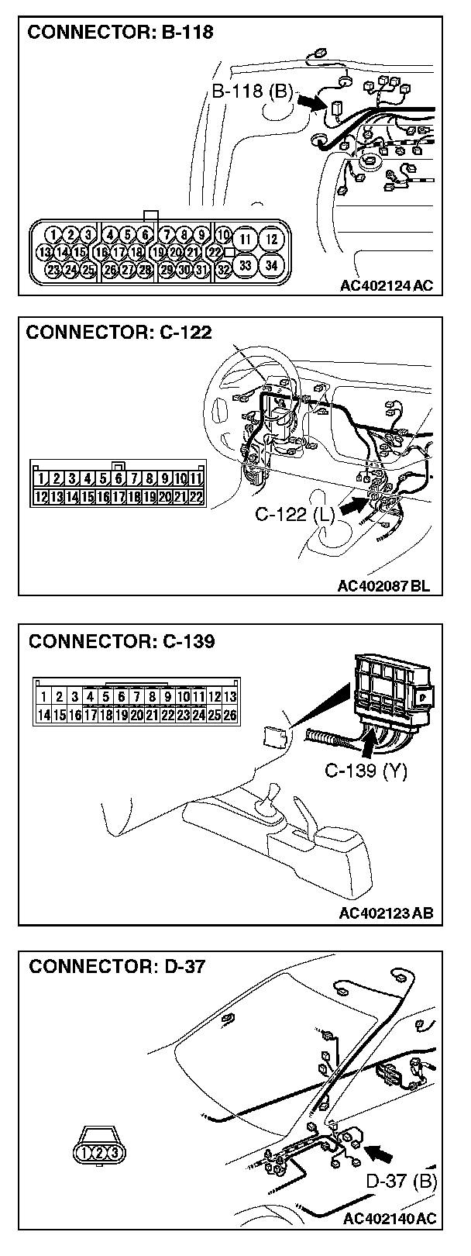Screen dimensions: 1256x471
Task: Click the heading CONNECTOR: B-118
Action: (x=120, y=33)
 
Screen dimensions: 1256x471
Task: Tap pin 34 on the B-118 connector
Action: (x=271, y=264)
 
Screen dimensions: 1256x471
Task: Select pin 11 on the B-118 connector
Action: (x=245, y=239)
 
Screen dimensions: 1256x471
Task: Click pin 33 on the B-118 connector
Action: (x=245, y=264)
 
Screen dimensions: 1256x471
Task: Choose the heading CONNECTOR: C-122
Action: (x=119, y=332)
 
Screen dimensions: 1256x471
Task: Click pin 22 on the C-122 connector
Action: (x=195, y=496)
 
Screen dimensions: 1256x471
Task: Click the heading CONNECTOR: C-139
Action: (x=122, y=641)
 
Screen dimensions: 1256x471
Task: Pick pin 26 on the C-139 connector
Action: (x=229, y=715)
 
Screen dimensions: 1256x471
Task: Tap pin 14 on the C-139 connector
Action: (x=44, y=715)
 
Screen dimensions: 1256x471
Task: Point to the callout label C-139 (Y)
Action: (x=366, y=771)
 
